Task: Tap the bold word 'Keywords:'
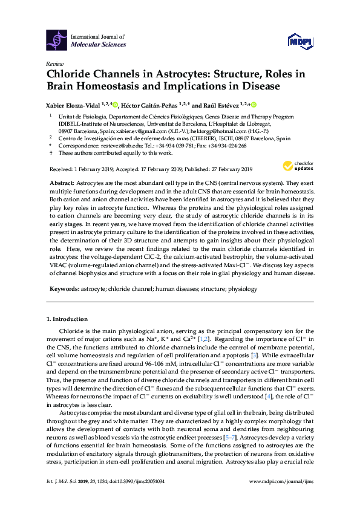[x=63, y=290]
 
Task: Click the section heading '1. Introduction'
[x=67, y=319]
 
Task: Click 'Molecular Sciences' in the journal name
[x=99, y=44]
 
